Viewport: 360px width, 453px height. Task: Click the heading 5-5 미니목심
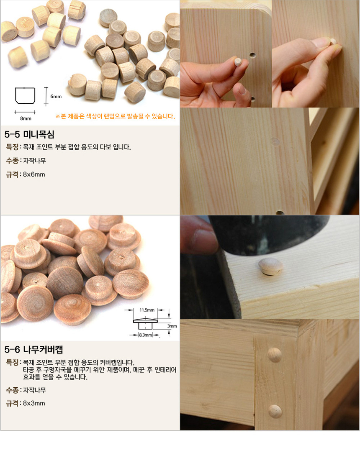point(29,134)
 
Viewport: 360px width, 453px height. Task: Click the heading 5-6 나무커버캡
point(33,350)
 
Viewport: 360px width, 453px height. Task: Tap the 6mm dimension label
point(56,97)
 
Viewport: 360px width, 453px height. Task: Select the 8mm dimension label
point(26,118)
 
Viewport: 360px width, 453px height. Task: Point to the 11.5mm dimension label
point(147,310)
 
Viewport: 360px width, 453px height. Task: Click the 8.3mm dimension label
point(145,335)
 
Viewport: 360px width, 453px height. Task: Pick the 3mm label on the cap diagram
point(172,326)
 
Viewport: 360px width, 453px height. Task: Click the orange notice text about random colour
point(115,116)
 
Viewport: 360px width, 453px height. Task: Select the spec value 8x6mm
point(34,174)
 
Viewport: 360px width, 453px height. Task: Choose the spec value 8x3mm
point(34,403)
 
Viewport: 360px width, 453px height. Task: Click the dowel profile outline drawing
point(25,95)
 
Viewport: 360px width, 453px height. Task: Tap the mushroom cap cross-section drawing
point(145,324)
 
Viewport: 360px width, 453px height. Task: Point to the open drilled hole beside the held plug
point(253,56)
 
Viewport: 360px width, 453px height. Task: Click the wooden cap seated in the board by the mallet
point(271,266)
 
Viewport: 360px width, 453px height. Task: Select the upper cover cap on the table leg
point(275,355)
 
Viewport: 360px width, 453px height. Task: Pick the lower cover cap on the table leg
point(275,412)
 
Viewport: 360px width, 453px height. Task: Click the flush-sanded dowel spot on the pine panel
point(275,141)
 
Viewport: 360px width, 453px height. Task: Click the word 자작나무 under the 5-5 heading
point(35,161)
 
